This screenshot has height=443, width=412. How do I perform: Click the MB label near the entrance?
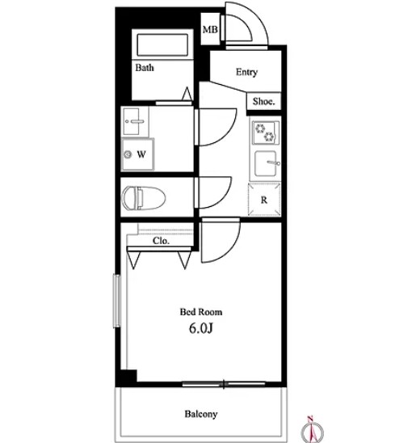(210, 29)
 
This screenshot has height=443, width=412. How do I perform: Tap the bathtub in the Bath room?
(162, 45)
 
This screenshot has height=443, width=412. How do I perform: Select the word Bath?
(145, 68)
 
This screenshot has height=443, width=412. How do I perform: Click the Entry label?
(246, 72)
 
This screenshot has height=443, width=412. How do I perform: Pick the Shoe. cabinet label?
(263, 101)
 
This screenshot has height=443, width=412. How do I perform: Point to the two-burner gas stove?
(266, 133)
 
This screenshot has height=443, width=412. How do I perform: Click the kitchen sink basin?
(266, 163)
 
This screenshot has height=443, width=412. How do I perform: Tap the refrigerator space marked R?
(264, 200)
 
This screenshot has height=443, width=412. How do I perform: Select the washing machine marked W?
(137, 154)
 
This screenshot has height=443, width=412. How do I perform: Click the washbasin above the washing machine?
(135, 122)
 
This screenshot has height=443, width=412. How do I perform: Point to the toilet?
(144, 198)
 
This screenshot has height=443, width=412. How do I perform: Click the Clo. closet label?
(161, 241)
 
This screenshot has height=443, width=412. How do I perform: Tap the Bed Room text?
(201, 312)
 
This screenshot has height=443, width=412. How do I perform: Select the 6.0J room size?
(201, 328)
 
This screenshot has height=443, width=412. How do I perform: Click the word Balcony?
(201, 414)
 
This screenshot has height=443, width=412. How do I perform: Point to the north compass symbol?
(312, 431)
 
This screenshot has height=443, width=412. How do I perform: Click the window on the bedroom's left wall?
(117, 301)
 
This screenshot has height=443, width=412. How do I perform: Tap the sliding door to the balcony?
(224, 384)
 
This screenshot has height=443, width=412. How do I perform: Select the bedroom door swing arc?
(230, 249)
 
